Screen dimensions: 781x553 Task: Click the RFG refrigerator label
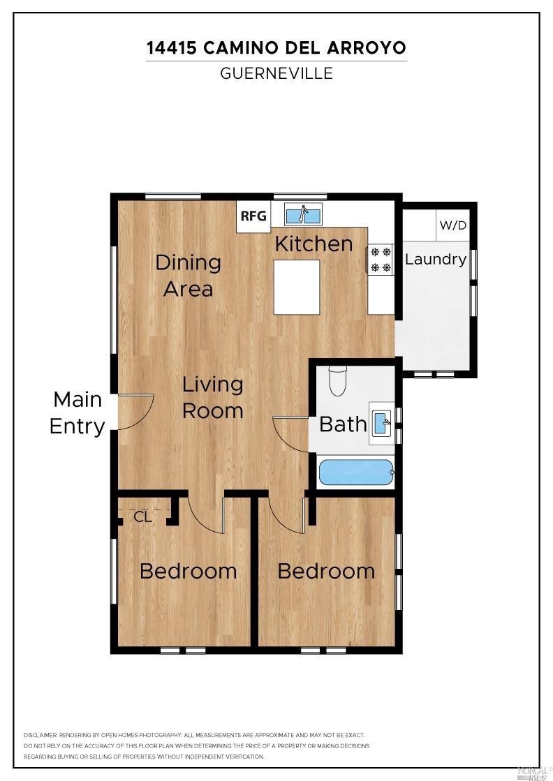pyautogui.click(x=253, y=216)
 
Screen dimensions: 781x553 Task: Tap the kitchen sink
pyautogui.click(x=303, y=214)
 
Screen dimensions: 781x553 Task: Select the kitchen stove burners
pyautogui.click(x=381, y=259)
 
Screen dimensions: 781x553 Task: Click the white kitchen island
pyautogui.click(x=296, y=287)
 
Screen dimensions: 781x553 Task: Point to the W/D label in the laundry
pyautogui.click(x=452, y=226)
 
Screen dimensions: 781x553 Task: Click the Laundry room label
pyautogui.click(x=436, y=260)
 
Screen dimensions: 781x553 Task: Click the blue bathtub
pyautogui.click(x=356, y=473)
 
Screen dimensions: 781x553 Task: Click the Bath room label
pyautogui.click(x=343, y=424)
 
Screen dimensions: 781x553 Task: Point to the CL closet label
pyautogui.click(x=142, y=517)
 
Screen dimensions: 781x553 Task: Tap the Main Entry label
pyautogui.click(x=77, y=412)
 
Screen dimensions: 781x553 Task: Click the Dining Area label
pyautogui.click(x=188, y=275)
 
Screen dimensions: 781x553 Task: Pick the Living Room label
pyautogui.click(x=213, y=397)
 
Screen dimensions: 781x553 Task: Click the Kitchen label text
pyautogui.click(x=314, y=244)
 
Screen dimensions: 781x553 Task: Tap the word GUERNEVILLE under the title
pyautogui.click(x=276, y=73)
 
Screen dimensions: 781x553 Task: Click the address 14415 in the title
pyautogui.click(x=172, y=48)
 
